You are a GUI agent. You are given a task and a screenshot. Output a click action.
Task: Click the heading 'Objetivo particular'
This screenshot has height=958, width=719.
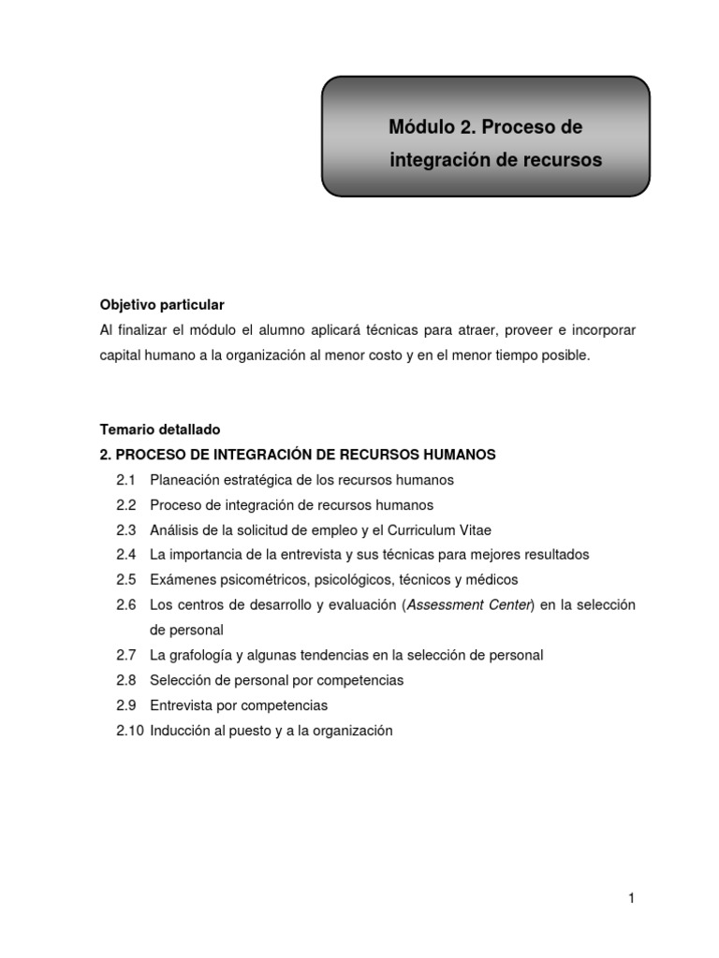pyautogui.click(x=162, y=306)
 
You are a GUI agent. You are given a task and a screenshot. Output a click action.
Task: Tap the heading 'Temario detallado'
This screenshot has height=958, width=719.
pyautogui.click(x=160, y=430)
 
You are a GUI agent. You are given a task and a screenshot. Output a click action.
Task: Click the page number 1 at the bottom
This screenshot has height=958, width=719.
pyautogui.click(x=632, y=899)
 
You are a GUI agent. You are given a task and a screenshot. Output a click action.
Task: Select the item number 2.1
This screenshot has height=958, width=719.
pyautogui.click(x=126, y=480)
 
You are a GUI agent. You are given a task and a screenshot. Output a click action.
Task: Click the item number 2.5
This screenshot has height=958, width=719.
pyautogui.click(x=126, y=580)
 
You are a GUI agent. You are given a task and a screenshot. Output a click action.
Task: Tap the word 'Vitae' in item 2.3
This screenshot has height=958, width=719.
pyautogui.click(x=473, y=530)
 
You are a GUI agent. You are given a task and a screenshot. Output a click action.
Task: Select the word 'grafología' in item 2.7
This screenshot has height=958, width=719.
pyautogui.click(x=206, y=655)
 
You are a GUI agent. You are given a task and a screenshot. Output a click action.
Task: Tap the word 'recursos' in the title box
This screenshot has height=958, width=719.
pyautogui.click(x=561, y=161)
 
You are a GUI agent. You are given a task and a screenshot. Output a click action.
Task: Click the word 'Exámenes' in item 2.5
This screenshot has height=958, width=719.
pyautogui.click(x=180, y=580)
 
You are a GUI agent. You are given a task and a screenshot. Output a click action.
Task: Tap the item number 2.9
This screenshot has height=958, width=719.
pyautogui.click(x=126, y=705)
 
